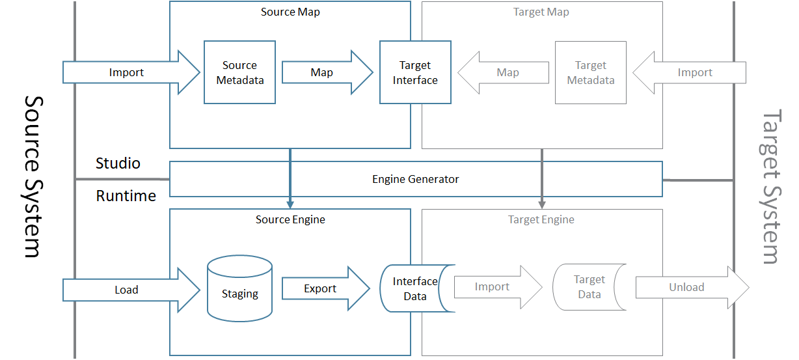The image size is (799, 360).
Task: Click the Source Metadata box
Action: pos(239,72)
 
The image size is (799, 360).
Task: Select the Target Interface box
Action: pos(415,72)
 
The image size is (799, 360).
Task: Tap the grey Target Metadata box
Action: pos(590,72)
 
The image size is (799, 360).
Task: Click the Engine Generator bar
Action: pos(415,179)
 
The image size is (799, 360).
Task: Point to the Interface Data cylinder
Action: pos(415,288)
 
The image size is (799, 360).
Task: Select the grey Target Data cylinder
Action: pos(589,286)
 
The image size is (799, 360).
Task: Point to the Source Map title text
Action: pos(290,12)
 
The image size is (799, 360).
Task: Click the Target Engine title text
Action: pos(541,219)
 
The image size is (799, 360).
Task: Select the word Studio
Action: pos(118,163)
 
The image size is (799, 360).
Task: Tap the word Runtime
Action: pos(126,195)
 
